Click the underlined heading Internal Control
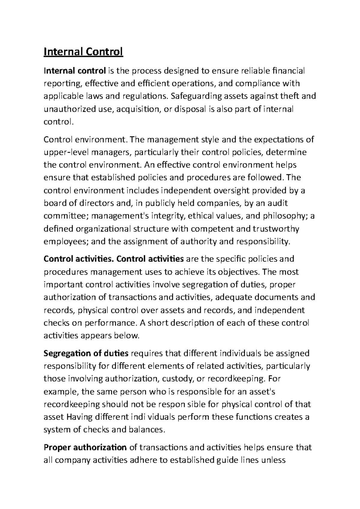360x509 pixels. pos(83,52)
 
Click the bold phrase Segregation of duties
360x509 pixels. pos(86,353)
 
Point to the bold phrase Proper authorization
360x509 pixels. pos(85,448)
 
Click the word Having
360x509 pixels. pos(79,417)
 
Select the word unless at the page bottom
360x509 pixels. pos(273,460)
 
